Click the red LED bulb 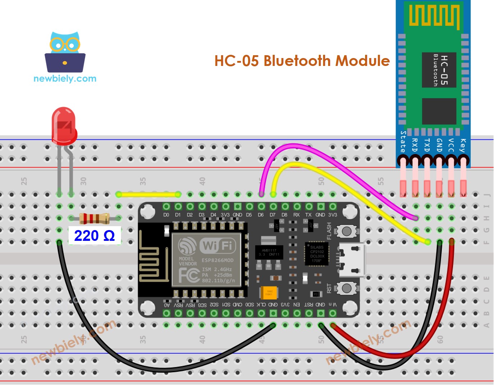click(x=64, y=125)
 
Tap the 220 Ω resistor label click(x=94, y=236)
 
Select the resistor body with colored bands click(x=94, y=218)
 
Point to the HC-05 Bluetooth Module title click(x=302, y=61)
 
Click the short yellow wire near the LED click(x=148, y=195)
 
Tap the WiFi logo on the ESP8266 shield click(x=218, y=246)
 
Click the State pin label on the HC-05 click(x=403, y=142)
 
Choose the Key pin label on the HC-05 click(x=463, y=145)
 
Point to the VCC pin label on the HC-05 click(x=451, y=145)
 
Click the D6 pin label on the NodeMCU click(x=261, y=215)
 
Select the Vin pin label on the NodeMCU click(x=333, y=305)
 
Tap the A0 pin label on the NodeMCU click(x=167, y=305)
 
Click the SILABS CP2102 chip click(x=317, y=254)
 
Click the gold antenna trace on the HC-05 click(x=434, y=16)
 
